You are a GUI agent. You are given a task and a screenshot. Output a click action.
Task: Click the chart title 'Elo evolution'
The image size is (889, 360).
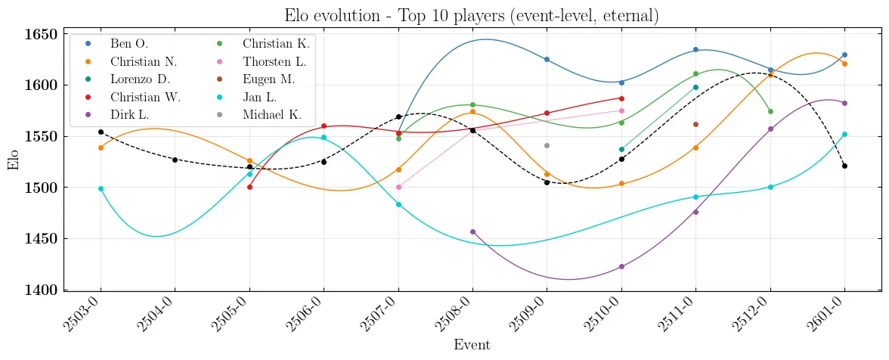coord(471,15)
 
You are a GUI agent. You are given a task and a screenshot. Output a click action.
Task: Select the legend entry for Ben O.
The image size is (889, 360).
coord(129,44)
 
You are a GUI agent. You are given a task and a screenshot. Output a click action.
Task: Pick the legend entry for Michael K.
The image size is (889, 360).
coord(272,115)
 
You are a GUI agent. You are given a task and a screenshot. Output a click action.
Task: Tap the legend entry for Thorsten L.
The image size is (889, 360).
coord(274,61)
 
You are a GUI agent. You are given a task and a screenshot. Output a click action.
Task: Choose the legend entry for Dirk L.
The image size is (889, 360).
coord(133,115)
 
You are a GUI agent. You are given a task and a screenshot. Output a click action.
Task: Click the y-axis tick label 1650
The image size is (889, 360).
coord(40,34)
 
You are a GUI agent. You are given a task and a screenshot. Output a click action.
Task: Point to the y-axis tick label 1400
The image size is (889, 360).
coord(40,290)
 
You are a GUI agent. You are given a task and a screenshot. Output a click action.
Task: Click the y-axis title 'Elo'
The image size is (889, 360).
coord(14,162)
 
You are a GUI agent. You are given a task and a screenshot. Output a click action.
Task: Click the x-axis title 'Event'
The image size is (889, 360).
coord(472,346)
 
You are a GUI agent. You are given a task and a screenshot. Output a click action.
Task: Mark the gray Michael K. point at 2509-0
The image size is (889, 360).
coord(547,145)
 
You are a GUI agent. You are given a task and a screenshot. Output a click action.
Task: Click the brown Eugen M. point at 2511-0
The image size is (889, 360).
coord(695,124)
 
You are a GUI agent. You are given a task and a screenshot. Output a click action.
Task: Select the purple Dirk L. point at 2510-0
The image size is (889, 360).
coord(621,266)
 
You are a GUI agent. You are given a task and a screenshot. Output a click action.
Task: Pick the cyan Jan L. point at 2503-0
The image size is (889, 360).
coord(101,188)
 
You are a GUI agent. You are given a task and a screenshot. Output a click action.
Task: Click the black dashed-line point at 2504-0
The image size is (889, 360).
coord(175,160)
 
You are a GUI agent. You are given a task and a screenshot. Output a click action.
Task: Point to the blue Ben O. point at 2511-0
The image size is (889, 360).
coord(695,50)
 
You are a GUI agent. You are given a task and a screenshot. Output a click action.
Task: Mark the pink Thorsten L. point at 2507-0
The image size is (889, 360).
coord(398,187)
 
